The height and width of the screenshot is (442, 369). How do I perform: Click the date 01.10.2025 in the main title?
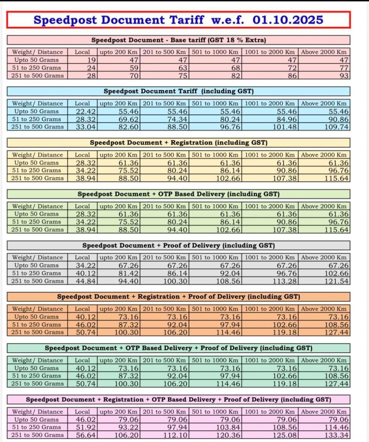tap(288, 20)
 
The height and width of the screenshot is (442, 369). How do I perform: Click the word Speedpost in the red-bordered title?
tap(65, 20)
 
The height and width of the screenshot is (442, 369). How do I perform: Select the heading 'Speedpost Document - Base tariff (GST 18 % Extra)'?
tap(178, 40)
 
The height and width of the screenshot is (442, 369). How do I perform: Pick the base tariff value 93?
tap(344, 76)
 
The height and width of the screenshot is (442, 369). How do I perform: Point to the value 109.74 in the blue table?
tap(336, 127)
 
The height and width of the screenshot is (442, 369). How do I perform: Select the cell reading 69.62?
tap(129, 119)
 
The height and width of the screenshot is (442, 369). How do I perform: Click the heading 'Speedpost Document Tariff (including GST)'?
tap(178, 91)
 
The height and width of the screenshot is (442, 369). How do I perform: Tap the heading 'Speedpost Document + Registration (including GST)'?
tap(178, 143)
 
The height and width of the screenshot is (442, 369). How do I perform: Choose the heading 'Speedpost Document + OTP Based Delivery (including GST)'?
tap(178, 194)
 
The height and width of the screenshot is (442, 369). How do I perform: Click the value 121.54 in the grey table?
tap(336, 281)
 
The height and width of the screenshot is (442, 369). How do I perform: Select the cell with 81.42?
tap(129, 273)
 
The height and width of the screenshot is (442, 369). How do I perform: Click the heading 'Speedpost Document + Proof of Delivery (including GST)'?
tap(178, 246)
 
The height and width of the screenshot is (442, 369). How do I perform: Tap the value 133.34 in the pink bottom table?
tap(336, 435)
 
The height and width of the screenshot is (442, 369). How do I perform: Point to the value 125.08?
tap(285, 435)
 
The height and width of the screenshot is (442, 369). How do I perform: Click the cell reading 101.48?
tap(285, 127)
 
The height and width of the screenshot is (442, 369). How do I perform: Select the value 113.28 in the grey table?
tap(285, 281)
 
